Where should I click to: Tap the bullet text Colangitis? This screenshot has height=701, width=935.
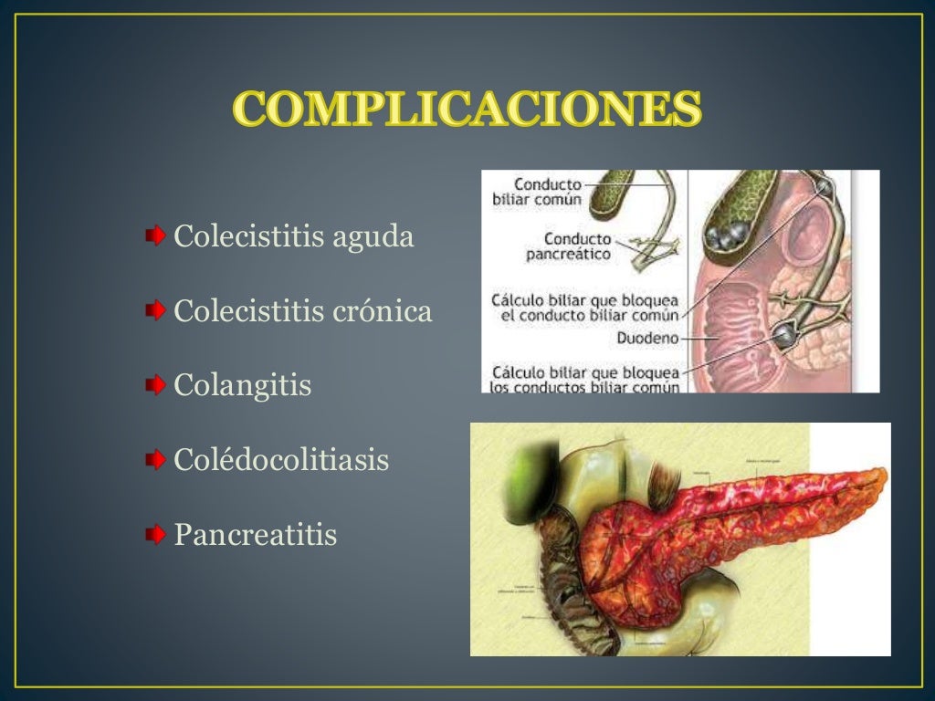tap(242, 385)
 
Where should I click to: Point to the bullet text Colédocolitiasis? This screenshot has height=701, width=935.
tap(281, 460)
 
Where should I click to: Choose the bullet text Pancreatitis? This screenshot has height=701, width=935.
tap(255, 534)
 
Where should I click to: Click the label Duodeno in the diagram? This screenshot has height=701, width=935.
tap(649, 336)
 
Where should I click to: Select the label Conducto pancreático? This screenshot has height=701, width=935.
tap(568, 247)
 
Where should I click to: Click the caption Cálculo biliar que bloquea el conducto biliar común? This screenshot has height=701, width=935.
tap(584, 307)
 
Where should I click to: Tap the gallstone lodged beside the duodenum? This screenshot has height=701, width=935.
tap(783, 336)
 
